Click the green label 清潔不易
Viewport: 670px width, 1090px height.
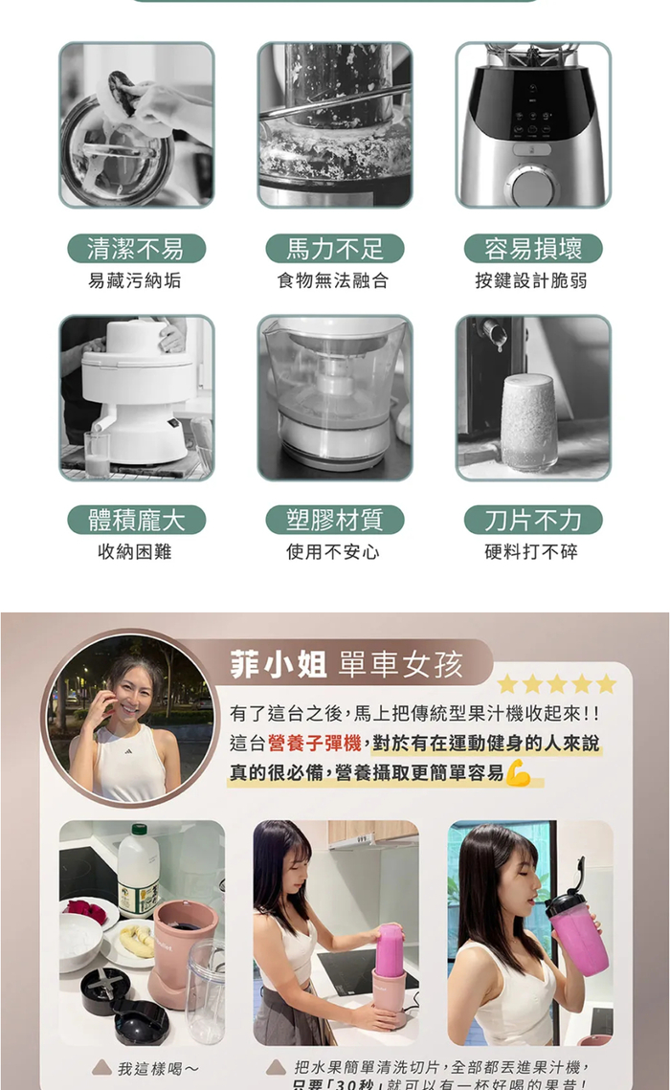[136, 249]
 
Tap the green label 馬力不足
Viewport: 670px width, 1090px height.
[334, 249]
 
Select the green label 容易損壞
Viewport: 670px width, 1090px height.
[532, 249]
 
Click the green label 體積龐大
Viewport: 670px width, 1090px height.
[136, 520]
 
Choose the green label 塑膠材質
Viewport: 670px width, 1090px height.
[334, 520]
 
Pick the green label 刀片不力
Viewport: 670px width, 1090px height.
[532, 520]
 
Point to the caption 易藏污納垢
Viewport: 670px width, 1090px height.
[135, 280]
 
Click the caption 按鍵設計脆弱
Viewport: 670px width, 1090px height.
[531, 280]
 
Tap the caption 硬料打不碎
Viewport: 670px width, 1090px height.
[531, 552]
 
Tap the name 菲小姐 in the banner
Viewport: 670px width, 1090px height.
[279, 663]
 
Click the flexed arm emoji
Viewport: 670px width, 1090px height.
[518, 771]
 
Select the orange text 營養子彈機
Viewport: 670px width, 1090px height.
[315, 743]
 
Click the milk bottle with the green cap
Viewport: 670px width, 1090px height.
[138, 870]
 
